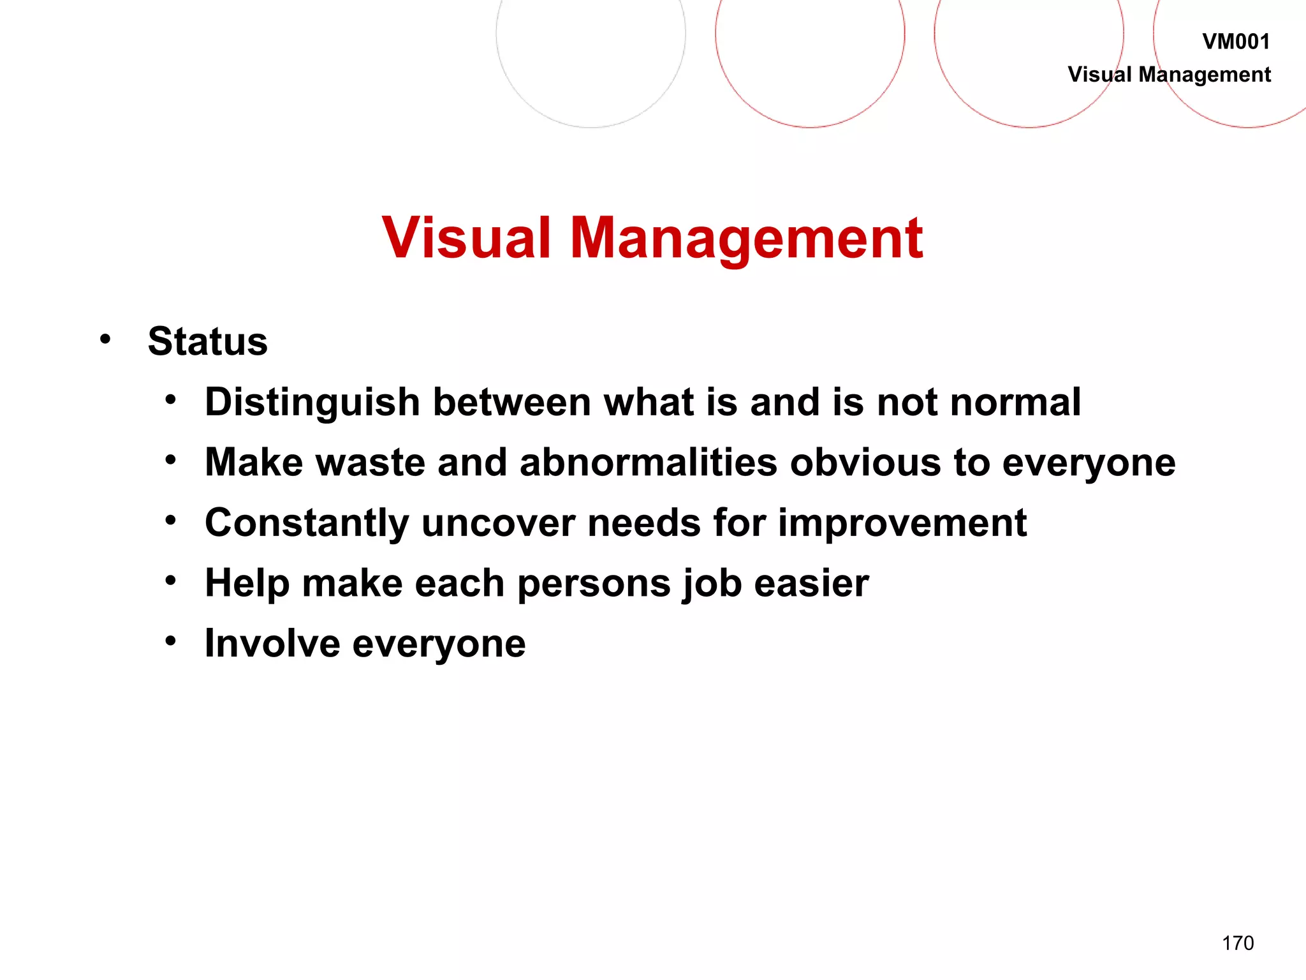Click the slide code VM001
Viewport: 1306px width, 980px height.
[1235, 42]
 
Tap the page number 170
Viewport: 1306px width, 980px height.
[1237, 943]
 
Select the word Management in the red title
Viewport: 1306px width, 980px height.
[746, 239]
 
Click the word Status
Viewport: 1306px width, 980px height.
[207, 341]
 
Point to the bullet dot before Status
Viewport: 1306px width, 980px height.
[105, 339]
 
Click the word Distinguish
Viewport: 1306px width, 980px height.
[312, 403]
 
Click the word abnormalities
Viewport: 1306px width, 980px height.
[649, 463]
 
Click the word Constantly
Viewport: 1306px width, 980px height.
[307, 524]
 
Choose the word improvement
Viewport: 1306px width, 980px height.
[902, 524]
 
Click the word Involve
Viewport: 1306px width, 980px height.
[272, 644]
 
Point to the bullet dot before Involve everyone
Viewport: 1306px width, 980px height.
[170, 641]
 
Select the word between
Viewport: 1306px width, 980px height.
[512, 403]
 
